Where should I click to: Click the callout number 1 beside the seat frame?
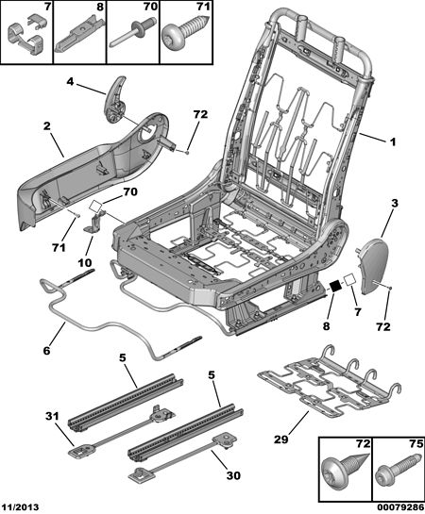[393, 142]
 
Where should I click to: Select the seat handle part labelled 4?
[115, 100]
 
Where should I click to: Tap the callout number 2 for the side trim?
[47, 126]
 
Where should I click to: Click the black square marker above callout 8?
[335, 286]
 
